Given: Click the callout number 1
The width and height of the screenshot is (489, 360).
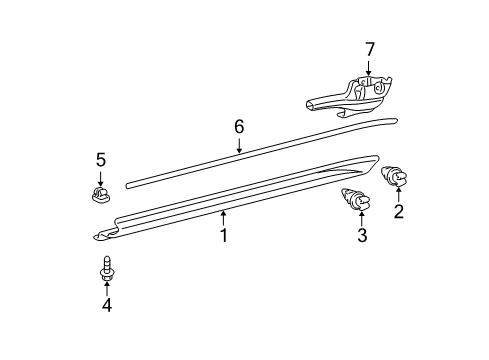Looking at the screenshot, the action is pyautogui.click(x=224, y=236).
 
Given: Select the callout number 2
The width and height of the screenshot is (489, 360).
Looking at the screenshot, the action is pyautogui.click(x=399, y=211).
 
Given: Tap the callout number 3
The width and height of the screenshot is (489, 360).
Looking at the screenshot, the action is pyautogui.click(x=362, y=236).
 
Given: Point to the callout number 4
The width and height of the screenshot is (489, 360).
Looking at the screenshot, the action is pyautogui.click(x=106, y=305).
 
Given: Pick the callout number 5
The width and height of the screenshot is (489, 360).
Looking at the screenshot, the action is pyautogui.click(x=100, y=159).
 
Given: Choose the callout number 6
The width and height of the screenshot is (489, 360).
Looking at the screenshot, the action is pyautogui.click(x=239, y=126).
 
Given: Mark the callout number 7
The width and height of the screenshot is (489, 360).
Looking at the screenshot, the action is pyautogui.click(x=369, y=48).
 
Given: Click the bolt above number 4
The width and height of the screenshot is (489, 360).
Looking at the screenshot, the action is pyautogui.click(x=106, y=267).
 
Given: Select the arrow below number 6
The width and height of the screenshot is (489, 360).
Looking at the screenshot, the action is pyautogui.click(x=239, y=146).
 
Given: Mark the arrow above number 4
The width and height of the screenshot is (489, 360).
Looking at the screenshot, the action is pyautogui.click(x=106, y=286).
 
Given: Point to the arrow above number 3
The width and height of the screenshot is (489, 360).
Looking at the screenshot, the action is pyautogui.click(x=362, y=216).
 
